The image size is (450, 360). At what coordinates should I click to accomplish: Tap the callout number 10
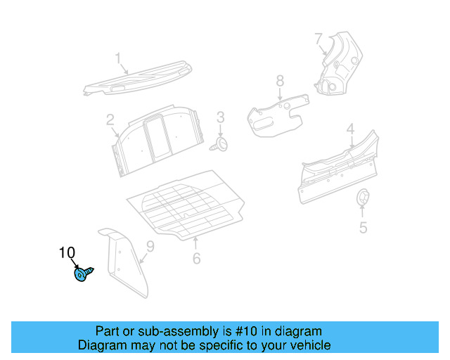pos(67,253)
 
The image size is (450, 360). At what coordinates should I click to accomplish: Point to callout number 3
pos(219,117)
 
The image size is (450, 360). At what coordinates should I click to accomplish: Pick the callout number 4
pos(349,129)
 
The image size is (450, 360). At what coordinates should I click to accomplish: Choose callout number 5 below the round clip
pos(363,227)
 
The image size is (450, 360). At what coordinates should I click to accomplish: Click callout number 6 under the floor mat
pos(196,258)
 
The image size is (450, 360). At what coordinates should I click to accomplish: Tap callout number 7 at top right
pos(319,38)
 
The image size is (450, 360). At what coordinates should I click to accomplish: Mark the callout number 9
pos(149,245)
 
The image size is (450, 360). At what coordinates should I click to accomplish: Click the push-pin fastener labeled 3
pos(222,144)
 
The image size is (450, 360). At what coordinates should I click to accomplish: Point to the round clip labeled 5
pos(363,199)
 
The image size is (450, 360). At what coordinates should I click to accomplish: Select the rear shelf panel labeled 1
pos(137,79)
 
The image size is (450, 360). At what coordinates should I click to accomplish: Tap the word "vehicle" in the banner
pos(309,345)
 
